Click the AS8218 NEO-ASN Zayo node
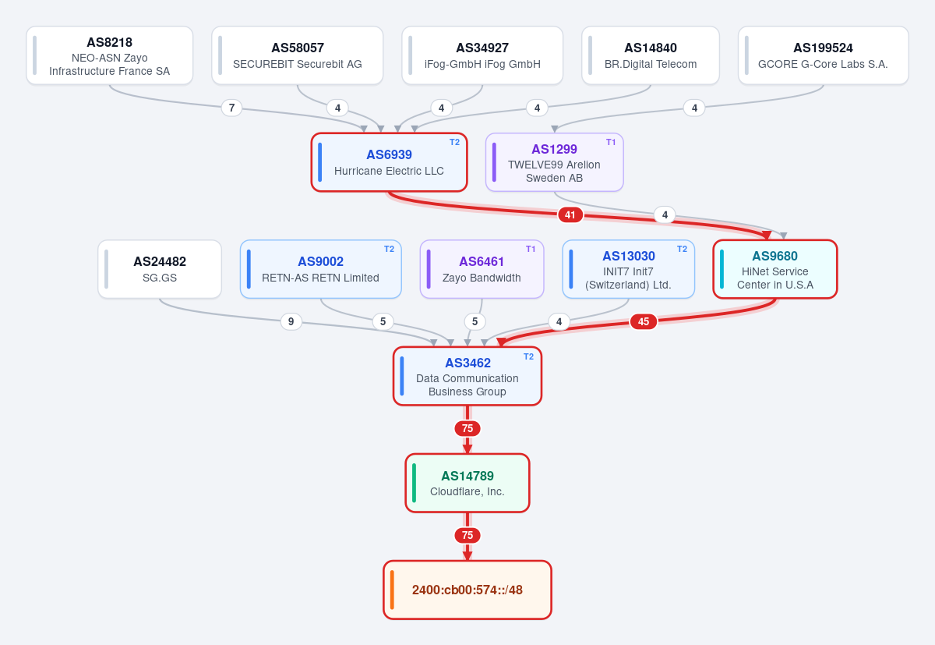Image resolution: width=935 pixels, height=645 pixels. [x=109, y=55]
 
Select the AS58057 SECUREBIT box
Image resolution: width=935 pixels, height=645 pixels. [x=297, y=55]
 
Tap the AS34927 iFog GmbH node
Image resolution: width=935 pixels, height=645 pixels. [x=482, y=55]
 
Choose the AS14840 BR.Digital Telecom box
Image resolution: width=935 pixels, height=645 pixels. [x=651, y=55]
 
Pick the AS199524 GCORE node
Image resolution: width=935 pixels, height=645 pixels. [x=823, y=55]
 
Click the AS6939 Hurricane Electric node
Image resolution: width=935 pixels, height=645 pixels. [x=389, y=162]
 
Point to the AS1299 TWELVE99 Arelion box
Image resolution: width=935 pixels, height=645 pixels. [x=554, y=162]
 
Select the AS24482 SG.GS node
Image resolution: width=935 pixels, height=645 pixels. [x=160, y=269]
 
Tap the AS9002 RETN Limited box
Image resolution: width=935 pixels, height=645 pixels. [x=320, y=269]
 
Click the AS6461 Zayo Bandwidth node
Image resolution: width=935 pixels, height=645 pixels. [x=482, y=269]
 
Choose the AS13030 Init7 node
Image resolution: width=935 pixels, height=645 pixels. [x=628, y=269]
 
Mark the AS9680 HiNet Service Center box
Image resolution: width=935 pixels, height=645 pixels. [x=775, y=269]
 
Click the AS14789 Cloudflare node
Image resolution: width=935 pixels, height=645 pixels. [x=467, y=483]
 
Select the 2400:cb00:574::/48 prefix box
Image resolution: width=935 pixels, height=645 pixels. [x=467, y=590]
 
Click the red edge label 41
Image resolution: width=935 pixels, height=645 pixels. [x=570, y=214]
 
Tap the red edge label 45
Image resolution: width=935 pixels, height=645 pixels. [x=644, y=321]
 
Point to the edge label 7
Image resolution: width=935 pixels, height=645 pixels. [x=231, y=108]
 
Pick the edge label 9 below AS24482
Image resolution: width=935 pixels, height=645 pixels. [x=291, y=321]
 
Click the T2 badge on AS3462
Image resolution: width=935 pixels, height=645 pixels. [x=528, y=356]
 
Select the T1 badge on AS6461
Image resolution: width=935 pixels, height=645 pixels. [x=531, y=249]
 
